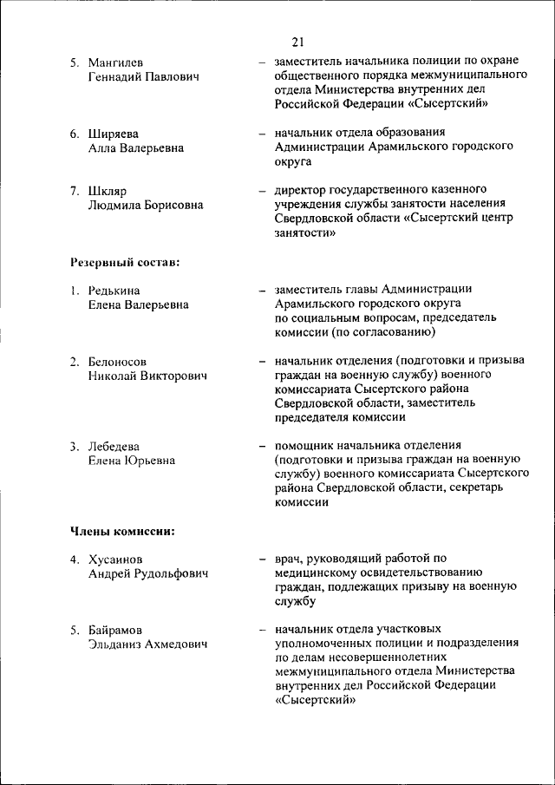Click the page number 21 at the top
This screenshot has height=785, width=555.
(x=297, y=42)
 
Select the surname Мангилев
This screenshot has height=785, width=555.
(x=116, y=63)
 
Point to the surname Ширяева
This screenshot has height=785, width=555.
(x=113, y=134)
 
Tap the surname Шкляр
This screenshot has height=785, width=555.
(x=108, y=190)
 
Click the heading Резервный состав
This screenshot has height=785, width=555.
(x=124, y=261)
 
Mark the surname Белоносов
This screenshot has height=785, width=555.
(x=117, y=361)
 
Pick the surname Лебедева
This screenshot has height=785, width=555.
(x=114, y=446)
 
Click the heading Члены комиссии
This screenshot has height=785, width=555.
(x=121, y=530)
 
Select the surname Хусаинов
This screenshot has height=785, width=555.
(x=115, y=559)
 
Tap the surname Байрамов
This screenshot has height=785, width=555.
(x=115, y=629)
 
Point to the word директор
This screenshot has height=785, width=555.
(x=303, y=189)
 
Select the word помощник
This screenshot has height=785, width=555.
(x=307, y=446)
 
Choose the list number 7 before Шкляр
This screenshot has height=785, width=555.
(x=75, y=190)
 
